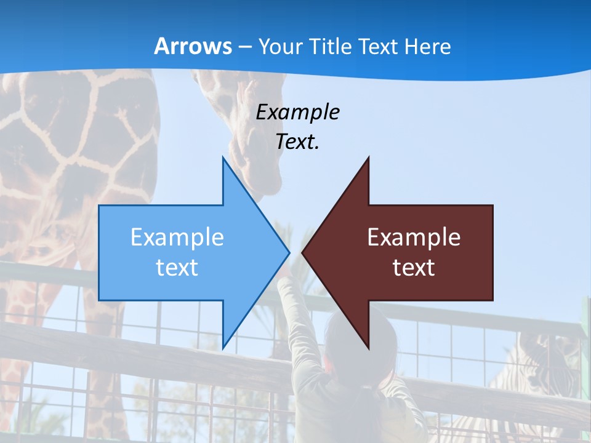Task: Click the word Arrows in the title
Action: (x=193, y=46)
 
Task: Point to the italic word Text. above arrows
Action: (x=297, y=142)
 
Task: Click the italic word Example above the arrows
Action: (x=297, y=113)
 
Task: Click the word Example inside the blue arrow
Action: (x=177, y=237)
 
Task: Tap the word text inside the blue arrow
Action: (x=177, y=268)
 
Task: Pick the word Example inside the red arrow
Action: (x=414, y=237)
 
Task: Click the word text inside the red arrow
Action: (x=414, y=268)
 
